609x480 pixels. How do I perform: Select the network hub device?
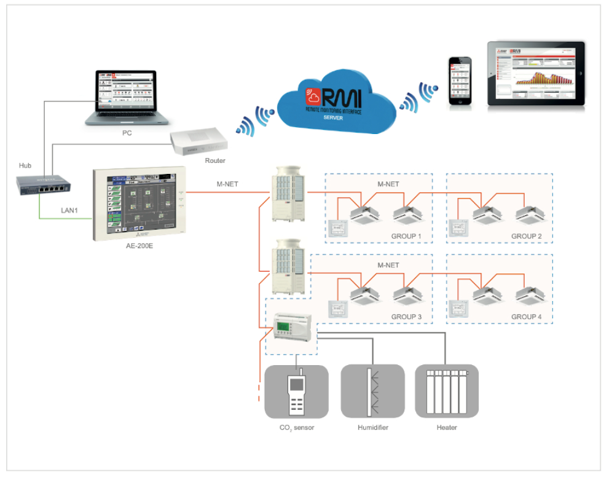pyautogui.click(x=44, y=184)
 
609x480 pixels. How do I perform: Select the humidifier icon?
pyautogui.click(x=372, y=392)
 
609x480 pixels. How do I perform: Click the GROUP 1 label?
pyautogui.click(x=408, y=237)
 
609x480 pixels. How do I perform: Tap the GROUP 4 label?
pyautogui.click(x=528, y=317)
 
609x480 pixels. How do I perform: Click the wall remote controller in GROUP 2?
pyautogui.click(x=458, y=227)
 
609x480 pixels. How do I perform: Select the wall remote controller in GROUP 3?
pyautogui.click(x=337, y=307)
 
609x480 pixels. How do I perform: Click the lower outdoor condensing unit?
pyautogui.click(x=288, y=266)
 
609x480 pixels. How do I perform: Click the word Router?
pyautogui.click(x=215, y=161)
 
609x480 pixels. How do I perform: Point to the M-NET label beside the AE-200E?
pyautogui.click(x=227, y=184)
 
